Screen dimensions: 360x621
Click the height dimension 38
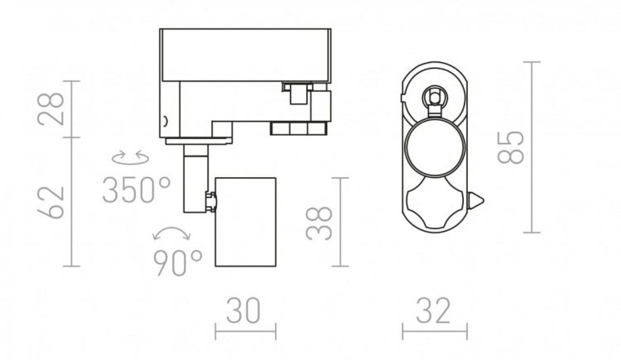coord(321,222)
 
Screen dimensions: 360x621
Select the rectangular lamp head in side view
coord(245,222)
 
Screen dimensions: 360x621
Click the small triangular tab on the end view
coord(477,201)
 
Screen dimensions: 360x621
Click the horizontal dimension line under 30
coord(245,333)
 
